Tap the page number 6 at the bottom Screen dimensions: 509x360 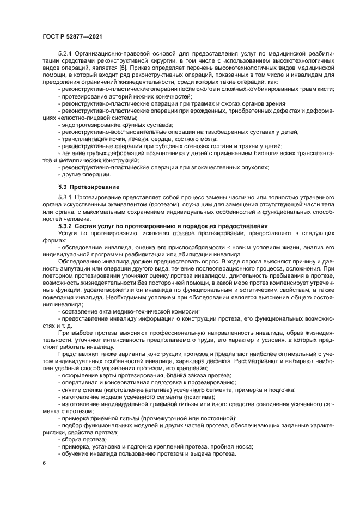click(x=44, y=463)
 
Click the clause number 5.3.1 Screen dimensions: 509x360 click(x=67, y=197)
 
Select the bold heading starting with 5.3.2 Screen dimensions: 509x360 click(x=163, y=224)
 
